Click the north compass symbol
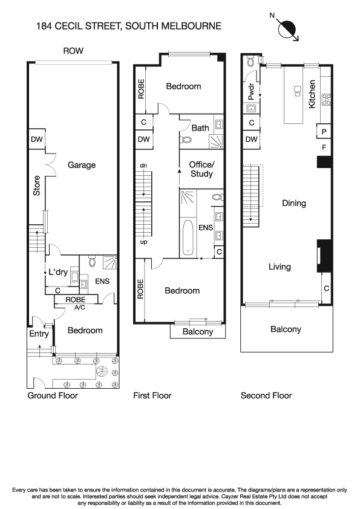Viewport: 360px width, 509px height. pos(287,28)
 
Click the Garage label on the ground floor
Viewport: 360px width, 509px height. pos(82,164)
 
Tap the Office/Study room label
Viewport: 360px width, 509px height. pos(201,169)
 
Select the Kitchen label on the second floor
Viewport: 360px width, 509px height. pos(312,94)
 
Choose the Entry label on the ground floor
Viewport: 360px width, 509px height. pos(38,333)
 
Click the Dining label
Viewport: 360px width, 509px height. pos(294,204)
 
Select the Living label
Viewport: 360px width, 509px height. pos(280,267)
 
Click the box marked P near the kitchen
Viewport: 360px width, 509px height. pos(324,132)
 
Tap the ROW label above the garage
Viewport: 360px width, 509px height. pos(73,51)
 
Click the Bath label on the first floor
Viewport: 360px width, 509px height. pos(200,128)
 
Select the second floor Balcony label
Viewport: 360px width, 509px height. pos(286,329)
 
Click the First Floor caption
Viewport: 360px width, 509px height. pos(152,395)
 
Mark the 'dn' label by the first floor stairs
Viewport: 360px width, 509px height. pos(143,165)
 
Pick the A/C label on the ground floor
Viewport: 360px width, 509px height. pos(79,306)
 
